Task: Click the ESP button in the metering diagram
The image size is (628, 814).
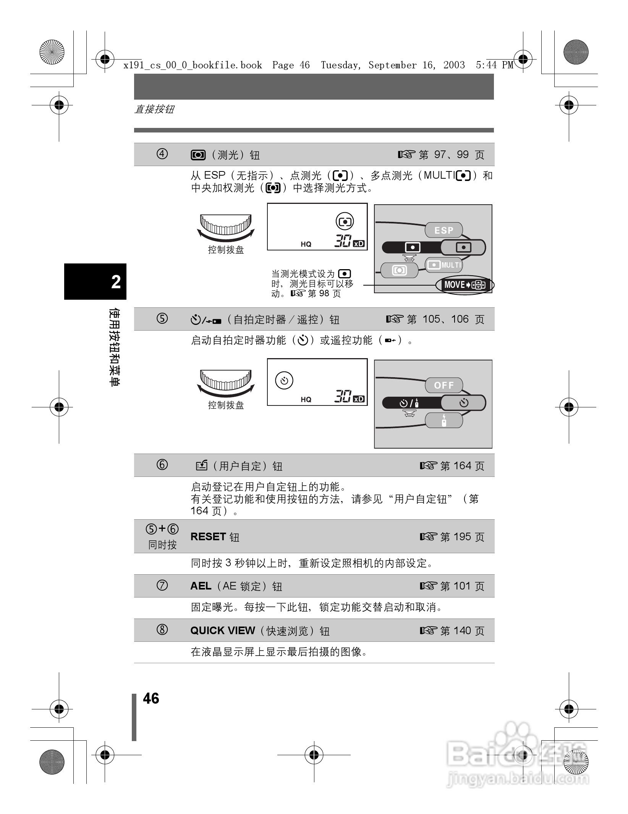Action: click(443, 230)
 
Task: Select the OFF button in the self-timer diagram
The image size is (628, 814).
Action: click(443, 385)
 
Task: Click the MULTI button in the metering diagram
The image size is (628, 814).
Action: click(444, 265)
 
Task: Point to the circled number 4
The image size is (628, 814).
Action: click(162, 154)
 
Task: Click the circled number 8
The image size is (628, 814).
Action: click(162, 630)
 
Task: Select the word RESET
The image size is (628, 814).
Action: click(208, 536)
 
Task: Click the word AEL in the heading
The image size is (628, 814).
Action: click(201, 586)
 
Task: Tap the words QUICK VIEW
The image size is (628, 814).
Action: click(222, 630)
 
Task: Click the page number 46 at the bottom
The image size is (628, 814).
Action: click(151, 698)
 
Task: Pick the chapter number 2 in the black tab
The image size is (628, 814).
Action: click(116, 282)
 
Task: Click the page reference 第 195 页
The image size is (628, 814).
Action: click(462, 537)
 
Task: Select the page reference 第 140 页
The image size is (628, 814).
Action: click(462, 631)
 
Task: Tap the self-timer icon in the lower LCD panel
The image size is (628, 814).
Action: click(284, 381)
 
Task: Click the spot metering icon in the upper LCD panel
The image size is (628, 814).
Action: click(345, 221)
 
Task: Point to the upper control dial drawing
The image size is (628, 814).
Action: click(226, 227)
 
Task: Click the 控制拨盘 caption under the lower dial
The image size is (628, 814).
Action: click(226, 405)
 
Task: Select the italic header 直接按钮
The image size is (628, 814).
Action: click(154, 109)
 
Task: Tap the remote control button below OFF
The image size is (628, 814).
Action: click(444, 420)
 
